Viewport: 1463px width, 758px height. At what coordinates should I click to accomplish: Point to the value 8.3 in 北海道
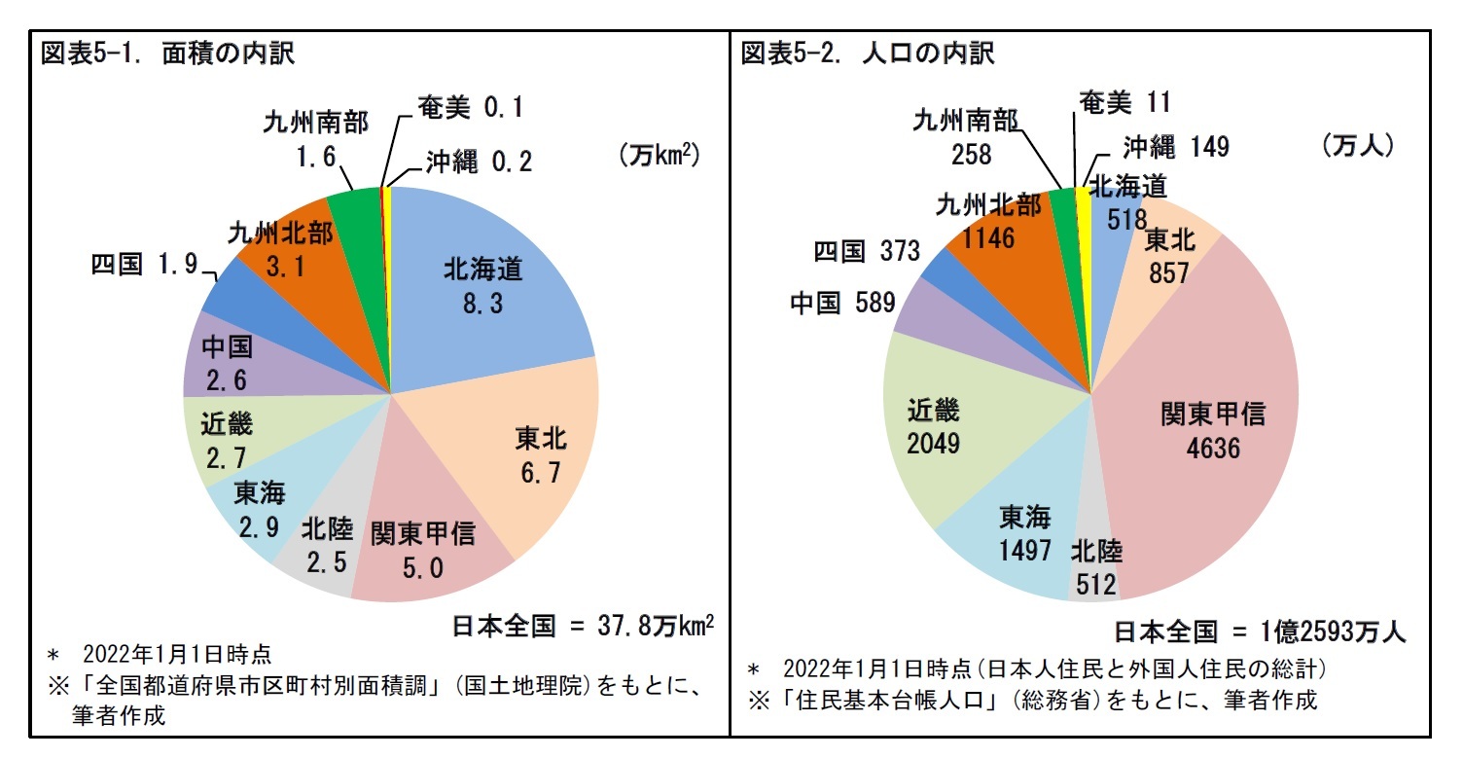coord(483,306)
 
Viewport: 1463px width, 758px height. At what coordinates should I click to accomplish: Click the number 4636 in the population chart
coord(1212,449)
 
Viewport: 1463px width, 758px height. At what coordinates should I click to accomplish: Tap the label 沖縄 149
coord(1176,147)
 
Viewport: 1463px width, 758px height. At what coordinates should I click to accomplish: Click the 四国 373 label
coord(867,252)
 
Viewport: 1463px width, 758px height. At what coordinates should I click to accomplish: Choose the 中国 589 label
coord(842,304)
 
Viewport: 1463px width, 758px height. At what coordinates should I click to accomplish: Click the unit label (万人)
coord(1358,146)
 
